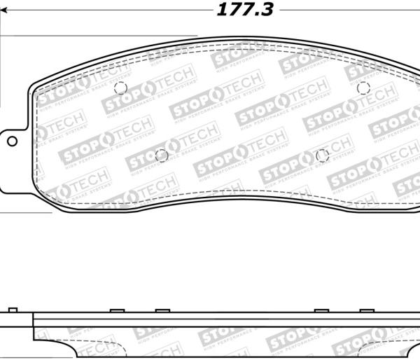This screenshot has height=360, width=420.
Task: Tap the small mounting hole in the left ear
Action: coord(12,141)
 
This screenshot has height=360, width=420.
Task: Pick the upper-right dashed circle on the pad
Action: coord(363,88)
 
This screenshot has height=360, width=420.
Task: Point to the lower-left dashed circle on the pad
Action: coord(162,155)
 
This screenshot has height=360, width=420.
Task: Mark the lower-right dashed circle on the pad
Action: coord(322,155)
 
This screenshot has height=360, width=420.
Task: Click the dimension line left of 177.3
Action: coord(105,11)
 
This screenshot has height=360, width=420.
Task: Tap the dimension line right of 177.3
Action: coord(350,11)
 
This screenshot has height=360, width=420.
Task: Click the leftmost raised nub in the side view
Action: coord(11,310)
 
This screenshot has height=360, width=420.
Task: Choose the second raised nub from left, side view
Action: coord(118,310)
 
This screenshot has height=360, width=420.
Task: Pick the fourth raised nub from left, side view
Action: coord(322,310)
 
